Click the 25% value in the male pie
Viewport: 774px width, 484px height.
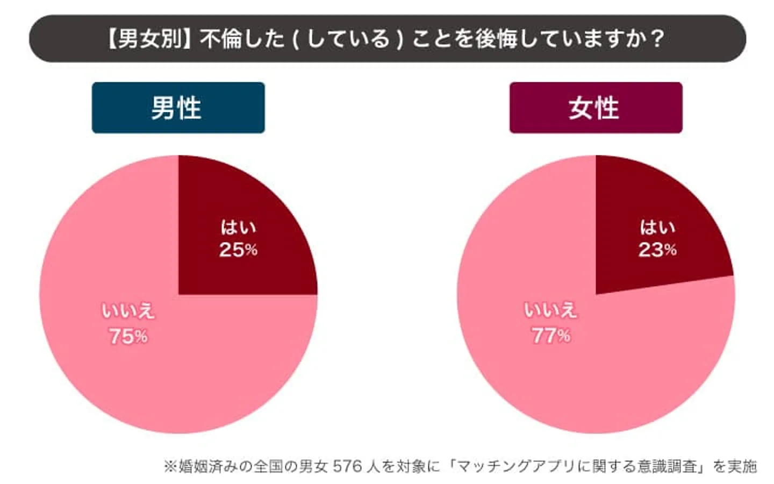click(x=238, y=250)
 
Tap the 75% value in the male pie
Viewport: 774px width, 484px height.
click(x=128, y=337)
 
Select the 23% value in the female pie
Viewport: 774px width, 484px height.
click(x=657, y=250)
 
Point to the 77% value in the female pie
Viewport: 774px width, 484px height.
click(x=551, y=336)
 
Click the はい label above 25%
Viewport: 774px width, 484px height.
click(x=238, y=227)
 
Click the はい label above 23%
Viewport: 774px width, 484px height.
click(x=657, y=227)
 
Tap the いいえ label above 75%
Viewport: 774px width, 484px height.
click(x=128, y=311)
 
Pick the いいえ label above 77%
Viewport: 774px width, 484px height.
click(x=551, y=310)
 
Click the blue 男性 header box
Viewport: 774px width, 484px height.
click(x=178, y=108)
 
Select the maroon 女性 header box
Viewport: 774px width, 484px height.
click(x=596, y=108)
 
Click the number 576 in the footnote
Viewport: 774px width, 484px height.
click(x=347, y=466)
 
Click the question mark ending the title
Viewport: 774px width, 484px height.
click(x=657, y=39)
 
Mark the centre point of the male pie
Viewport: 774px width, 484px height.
click(x=178, y=294)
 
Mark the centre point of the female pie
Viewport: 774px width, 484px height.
click(x=596, y=294)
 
